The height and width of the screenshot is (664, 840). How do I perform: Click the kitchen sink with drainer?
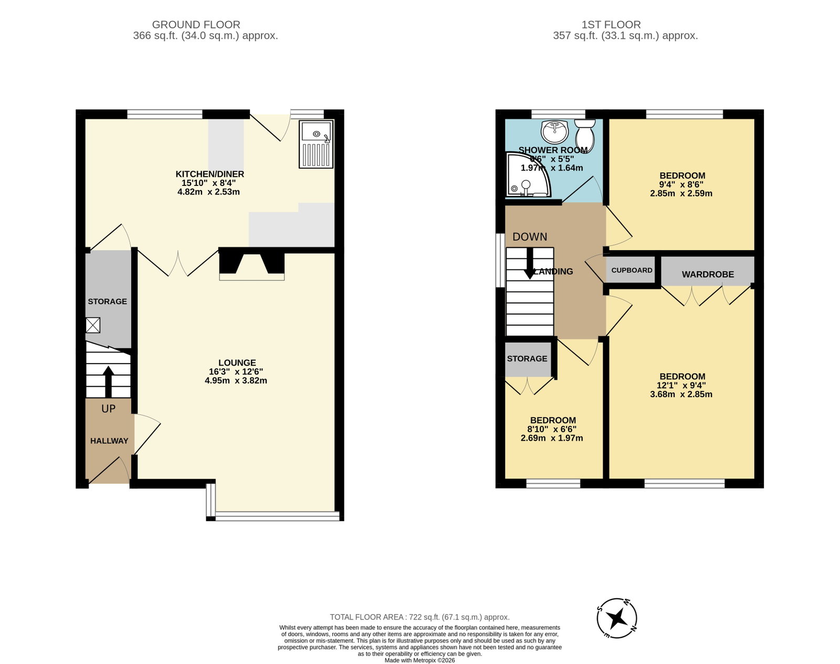click(x=316, y=144)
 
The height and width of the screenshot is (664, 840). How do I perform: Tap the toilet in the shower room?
click(x=585, y=136)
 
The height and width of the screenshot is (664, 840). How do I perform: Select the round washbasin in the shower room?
click(x=554, y=132)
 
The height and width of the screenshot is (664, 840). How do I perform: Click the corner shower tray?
click(x=528, y=174)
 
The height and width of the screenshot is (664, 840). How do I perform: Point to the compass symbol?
click(x=617, y=619)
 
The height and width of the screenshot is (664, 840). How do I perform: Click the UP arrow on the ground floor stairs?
click(x=108, y=381)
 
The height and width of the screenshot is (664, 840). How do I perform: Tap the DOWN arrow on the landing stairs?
click(x=530, y=263)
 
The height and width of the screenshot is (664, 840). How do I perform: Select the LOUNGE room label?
click(x=237, y=362)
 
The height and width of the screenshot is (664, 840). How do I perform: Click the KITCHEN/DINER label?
click(x=209, y=174)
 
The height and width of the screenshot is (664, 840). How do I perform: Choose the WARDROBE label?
click(x=708, y=275)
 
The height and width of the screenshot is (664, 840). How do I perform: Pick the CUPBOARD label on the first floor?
click(x=632, y=271)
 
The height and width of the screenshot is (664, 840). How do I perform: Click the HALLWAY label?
click(x=109, y=441)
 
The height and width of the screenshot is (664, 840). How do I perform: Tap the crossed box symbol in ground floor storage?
click(x=93, y=325)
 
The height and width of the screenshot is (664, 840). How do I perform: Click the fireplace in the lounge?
click(x=252, y=266)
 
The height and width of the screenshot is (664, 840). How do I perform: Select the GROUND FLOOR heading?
click(x=196, y=25)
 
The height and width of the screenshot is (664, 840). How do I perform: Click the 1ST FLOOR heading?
click(x=611, y=25)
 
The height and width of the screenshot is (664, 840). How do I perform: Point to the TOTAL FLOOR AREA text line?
click(x=419, y=617)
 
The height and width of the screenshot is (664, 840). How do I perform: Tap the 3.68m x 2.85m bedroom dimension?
click(x=681, y=395)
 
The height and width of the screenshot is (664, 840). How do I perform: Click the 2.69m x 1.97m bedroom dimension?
click(x=552, y=438)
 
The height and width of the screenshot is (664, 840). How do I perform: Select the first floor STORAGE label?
click(x=527, y=359)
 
